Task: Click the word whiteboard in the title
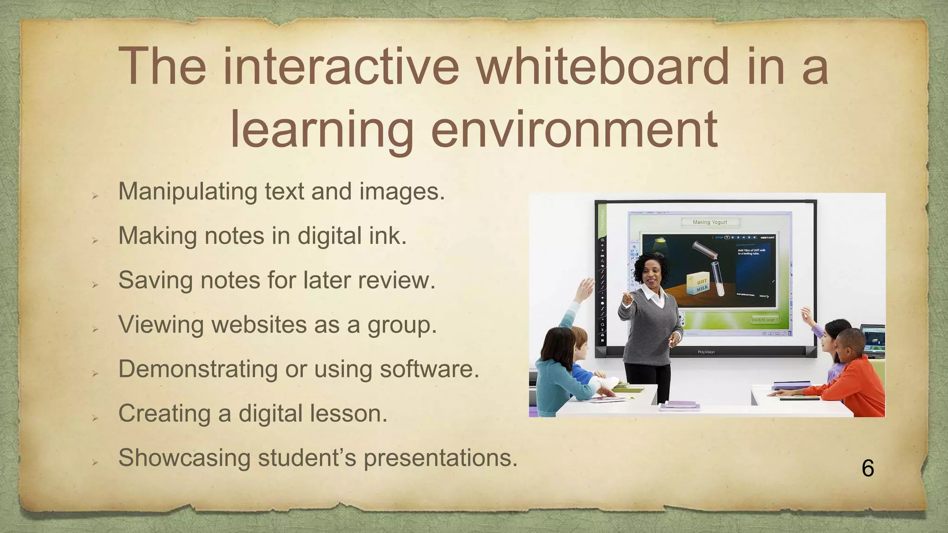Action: pos(602,66)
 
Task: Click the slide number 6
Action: pos(868,468)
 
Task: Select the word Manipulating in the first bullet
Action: pos(187,192)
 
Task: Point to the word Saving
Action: pos(156,280)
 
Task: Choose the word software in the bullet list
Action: pos(429,369)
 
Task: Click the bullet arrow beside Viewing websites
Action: pos(95,329)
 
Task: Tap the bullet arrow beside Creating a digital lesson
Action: pos(95,418)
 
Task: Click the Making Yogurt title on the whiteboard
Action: pos(710,222)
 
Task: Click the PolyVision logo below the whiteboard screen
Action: pos(706,352)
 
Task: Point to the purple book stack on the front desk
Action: pos(680,406)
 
